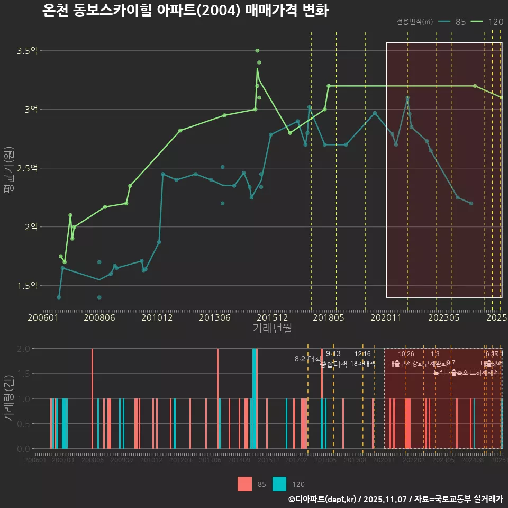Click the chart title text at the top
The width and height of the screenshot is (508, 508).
tap(185, 11)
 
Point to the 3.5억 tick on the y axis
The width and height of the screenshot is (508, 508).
tap(27, 51)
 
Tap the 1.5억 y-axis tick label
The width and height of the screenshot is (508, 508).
tap(27, 286)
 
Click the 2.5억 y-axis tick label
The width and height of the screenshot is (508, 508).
tap(27, 168)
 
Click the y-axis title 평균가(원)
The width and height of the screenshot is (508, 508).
tap(9, 168)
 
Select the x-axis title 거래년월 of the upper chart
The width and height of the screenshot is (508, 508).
tap(272, 329)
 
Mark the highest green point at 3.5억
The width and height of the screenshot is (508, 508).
tap(257, 51)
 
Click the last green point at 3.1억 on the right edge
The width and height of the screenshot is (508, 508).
tap(501, 97)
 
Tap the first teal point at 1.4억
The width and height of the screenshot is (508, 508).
tap(59, 297)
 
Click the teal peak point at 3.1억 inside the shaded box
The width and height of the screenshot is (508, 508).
tap(407, 97)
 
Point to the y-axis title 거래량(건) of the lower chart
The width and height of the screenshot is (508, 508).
tap(9, 398)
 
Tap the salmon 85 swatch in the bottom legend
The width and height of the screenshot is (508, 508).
tap(245, 484)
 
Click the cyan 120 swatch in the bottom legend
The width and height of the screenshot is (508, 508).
tap(279, 484)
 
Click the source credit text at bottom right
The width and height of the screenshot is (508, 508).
tap(395, 499)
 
